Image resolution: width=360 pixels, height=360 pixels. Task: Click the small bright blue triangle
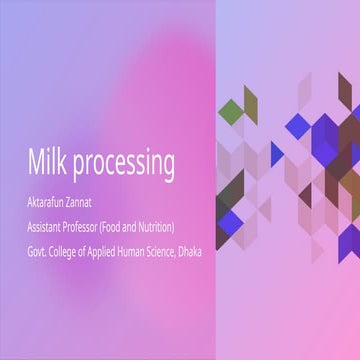pyautogui.click(x=277, y=153)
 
